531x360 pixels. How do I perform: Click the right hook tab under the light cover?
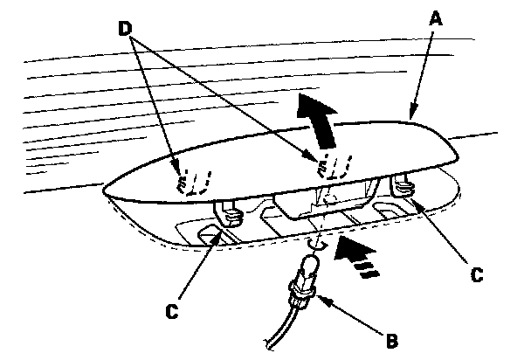click(x=403, y=184)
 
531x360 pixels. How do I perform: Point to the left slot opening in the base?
click(x=210, y=235)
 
